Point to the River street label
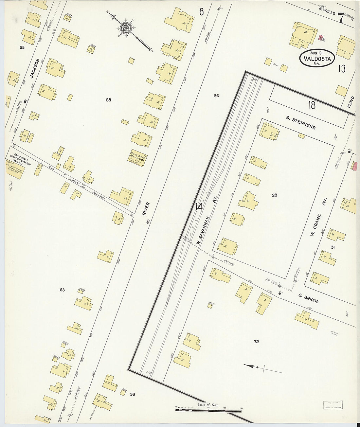pyautogui.click(x=146, y=208)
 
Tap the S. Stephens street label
pyautogui.click(x=301, y=123)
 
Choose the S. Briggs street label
pyautogui.click(x=308, y=298)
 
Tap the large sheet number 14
pyautogui.click(x=198, y=207)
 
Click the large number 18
pyautogui.click(x=312, y=105)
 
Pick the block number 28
pyautogui.click(x=275, y=195)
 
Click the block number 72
pyautogui.click(x=256, y=342)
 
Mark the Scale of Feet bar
pyautogui.click(x=208, y=409)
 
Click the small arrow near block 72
pyautogui.click(x=251, y=366)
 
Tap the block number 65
pyautogui.click(x=22, y=47)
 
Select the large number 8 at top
pyautogui.click(x=201, y=12)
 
